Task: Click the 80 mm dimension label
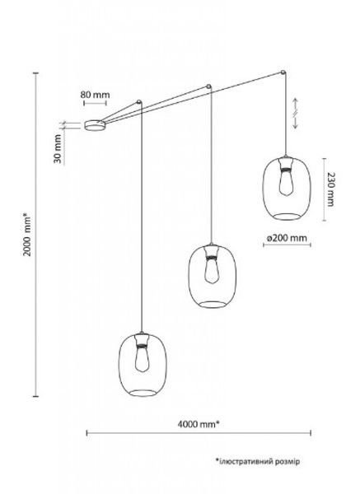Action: coord(95,95)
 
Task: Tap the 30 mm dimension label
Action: coord(58,149)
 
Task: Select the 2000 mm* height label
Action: coord(27,235)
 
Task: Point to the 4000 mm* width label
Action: coord(199,424)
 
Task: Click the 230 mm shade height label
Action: coord(330,189)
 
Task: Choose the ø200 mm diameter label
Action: coord(287,238)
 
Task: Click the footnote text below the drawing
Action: coord(258,462)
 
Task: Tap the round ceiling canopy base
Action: coord(95,125)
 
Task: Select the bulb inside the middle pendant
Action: coord(212,265)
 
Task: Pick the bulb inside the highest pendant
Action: coord(286,177)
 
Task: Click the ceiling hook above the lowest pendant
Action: coord(138,102)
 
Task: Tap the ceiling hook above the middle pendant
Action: coord(208,86)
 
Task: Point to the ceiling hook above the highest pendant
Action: coord(283,72)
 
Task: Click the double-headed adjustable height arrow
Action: coord(296,114)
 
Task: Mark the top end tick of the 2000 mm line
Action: coord(36,73)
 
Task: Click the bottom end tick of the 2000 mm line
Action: coord(36,396)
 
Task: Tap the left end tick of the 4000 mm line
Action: coord(87,433)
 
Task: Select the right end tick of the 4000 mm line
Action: coord(311,433)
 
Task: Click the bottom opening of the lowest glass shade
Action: coord(143,393)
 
